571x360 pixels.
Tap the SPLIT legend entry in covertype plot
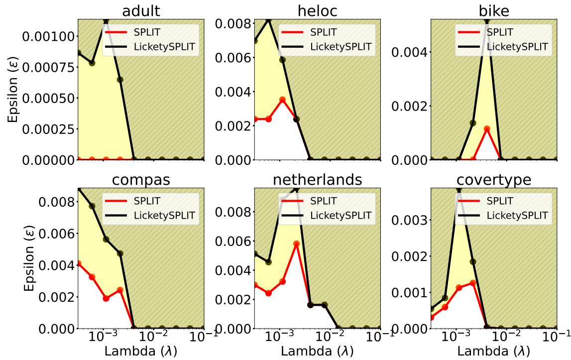[x=503, y=201]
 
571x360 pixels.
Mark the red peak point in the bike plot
[x=487, y=129]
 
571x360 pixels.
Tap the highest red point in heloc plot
[x=282, y=100]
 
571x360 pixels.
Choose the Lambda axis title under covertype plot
[x=494, y=351]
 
